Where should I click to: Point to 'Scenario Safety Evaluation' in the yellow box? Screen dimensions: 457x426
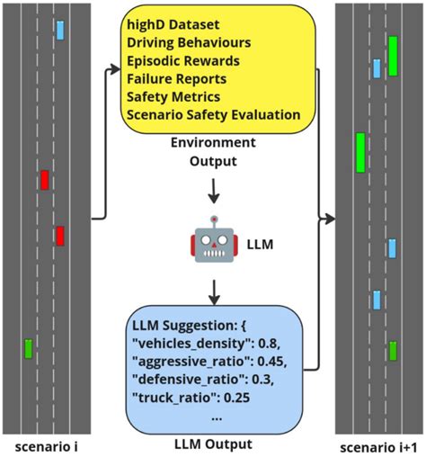point(213,114)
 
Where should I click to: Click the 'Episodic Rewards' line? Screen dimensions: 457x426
point(182,60)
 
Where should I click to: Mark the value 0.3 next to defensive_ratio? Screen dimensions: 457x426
point(274,378)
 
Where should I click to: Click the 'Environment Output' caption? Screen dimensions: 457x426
point(213,151)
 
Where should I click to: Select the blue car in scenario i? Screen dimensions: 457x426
point(60,30)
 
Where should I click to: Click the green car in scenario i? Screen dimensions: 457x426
point(29,347)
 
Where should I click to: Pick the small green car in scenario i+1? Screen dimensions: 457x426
point(393,350)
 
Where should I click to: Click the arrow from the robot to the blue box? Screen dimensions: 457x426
point(213,291)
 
